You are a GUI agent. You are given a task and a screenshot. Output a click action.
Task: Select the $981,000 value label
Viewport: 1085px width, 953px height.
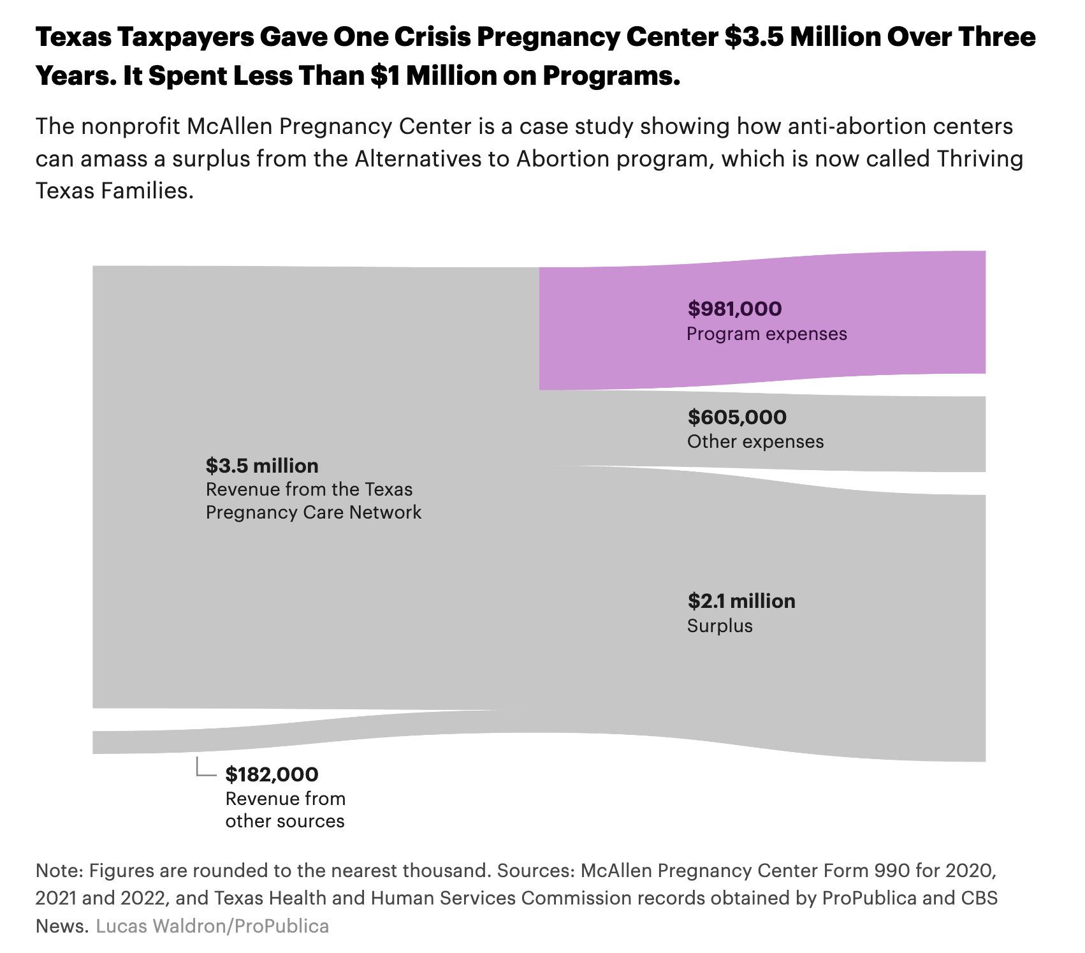point(734,309)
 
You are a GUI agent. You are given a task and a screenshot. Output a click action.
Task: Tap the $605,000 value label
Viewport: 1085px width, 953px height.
point(737,417)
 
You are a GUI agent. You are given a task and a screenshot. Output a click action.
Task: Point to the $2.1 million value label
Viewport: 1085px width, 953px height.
point(741,601)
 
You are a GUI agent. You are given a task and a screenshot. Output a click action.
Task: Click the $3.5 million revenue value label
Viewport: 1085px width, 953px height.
point(262,466)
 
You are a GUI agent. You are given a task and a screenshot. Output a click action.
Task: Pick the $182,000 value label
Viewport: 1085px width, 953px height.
point(272,774)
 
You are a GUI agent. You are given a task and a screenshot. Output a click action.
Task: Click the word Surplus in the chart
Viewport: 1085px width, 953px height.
point(720,626)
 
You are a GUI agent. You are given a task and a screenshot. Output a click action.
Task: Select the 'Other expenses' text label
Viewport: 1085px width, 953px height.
point(755,441)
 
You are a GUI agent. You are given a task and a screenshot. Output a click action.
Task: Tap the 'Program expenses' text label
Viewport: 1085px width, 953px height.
point(767,334)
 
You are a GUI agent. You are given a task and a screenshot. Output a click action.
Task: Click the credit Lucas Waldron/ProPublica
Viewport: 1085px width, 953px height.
point(212,926)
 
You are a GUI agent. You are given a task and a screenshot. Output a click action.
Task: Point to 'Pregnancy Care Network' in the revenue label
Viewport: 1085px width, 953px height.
point(314,512)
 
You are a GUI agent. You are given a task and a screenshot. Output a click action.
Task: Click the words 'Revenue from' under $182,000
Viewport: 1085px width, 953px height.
point(285,799)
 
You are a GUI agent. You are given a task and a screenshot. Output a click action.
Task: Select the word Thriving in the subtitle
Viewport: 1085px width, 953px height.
point(979,158)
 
